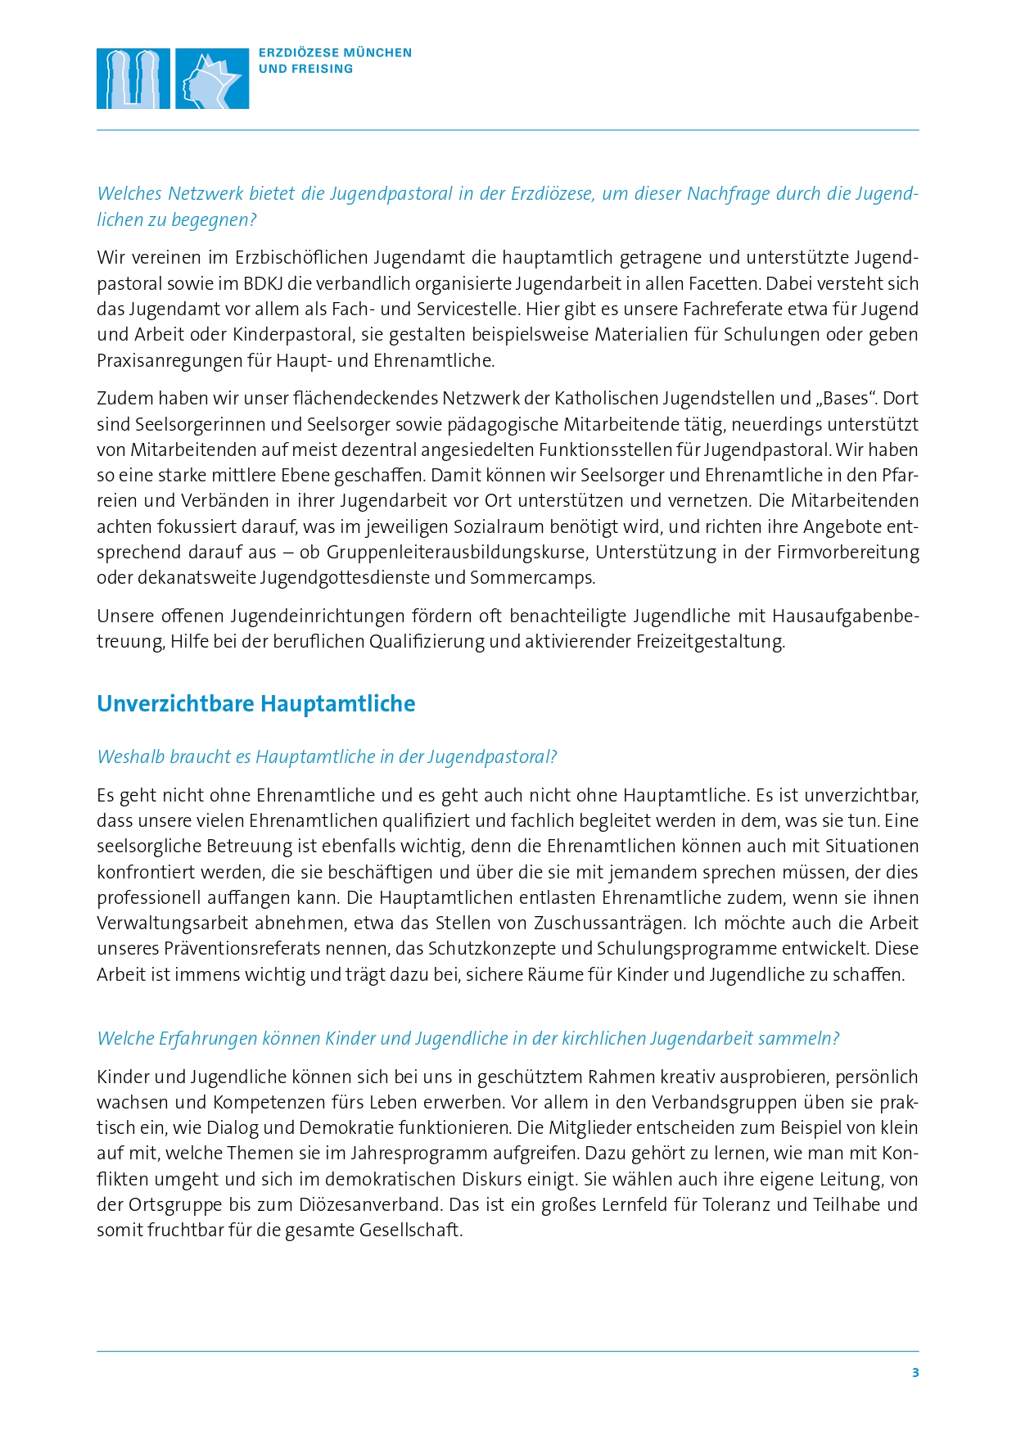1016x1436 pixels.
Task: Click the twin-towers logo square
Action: coord(133,79)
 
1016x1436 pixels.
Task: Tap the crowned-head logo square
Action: coord(212,79)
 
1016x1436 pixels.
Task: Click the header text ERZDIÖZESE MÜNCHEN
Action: coord(335,52)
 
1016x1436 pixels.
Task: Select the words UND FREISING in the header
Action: coord(305,69)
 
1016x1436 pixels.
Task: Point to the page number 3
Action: coord(915,1373)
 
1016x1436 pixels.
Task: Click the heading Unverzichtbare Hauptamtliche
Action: coord(255,703)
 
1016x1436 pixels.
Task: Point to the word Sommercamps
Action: coord(531,578)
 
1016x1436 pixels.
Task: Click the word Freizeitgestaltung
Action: coord(710,642)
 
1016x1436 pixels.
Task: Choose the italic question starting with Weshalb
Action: coord(327,757)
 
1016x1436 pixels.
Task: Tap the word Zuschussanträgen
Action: coord(608,923)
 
